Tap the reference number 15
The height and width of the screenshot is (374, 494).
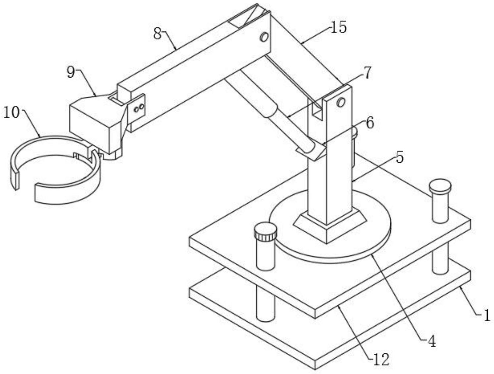pos(338,27)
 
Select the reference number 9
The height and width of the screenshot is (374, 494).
pos(71,73)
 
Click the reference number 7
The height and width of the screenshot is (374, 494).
pos(367,73)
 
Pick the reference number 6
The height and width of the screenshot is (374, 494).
pos(370,123)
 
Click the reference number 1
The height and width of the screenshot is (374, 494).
pos(486,316)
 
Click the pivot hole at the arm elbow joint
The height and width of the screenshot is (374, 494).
pos(264,37)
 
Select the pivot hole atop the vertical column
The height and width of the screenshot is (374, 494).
pos(340,102)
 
